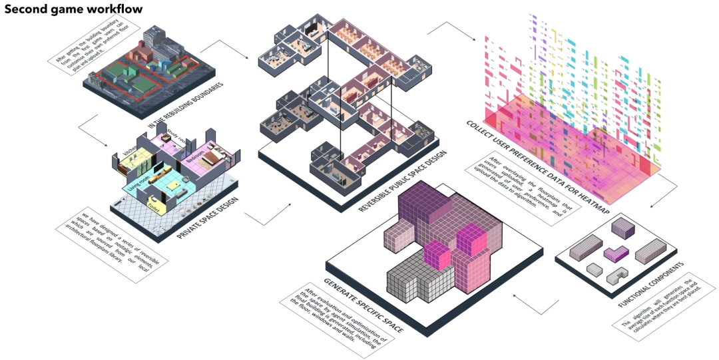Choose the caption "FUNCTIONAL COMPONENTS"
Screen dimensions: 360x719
click(x=658, y=287)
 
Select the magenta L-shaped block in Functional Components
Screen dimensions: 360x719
click(x=616, y=254)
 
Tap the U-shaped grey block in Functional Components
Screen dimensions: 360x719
click(x=618, y=275)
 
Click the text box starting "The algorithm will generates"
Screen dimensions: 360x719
click(x=662, y=324)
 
